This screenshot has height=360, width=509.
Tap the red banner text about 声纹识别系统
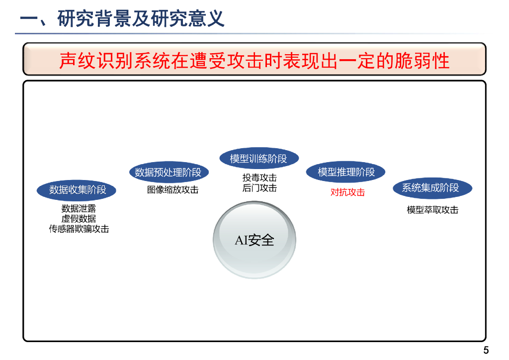click(254, 60)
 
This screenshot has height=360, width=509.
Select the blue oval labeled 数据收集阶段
click(78, 189)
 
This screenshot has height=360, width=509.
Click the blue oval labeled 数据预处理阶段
click(168, 172)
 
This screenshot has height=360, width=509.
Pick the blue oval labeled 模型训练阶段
click(258, 159)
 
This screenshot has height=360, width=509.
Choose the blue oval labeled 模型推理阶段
click(346, 172)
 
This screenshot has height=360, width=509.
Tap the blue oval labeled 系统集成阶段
click(430, 188)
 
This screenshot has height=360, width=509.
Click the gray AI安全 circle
click(254, 240)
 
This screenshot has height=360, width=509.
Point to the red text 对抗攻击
click(347, 192)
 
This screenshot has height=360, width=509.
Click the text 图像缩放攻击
click(172, 189)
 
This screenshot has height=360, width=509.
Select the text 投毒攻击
click(259, 178)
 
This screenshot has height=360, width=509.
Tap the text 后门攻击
click(259, 188)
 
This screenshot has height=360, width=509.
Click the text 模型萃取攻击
click(432, 210)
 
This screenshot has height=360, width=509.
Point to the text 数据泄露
click(79, 209)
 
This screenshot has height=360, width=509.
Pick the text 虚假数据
click(79, 219)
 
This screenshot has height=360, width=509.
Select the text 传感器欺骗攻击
click(79, 229)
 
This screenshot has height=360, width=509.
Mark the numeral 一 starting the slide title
click(28, 19)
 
